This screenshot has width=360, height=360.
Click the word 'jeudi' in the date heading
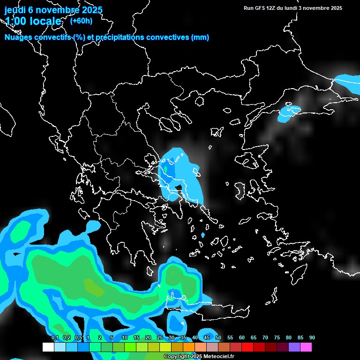coord(15,10)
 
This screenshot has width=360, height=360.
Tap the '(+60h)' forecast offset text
coord(81,21)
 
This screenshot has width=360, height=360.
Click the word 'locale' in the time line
coord(45,22)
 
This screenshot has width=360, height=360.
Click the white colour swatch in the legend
coord(48,347)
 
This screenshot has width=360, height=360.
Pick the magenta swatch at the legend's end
coord(306,347)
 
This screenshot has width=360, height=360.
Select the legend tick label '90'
coord(312,337)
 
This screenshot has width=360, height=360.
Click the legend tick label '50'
coord(218,337)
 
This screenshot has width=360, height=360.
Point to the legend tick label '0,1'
coord(55,337)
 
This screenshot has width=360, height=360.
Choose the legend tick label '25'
coord(160,337)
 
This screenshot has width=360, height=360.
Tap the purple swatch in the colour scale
coord(294,347)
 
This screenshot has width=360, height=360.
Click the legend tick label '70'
coord(265,337)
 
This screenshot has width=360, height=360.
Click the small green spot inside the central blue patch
coord(165,168)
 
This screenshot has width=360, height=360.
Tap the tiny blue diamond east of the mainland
coord(202,235)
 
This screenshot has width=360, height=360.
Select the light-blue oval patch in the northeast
coord(289,113)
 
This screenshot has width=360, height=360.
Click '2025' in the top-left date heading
coord(92,10)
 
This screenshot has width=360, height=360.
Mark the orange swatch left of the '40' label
coord(189,347)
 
